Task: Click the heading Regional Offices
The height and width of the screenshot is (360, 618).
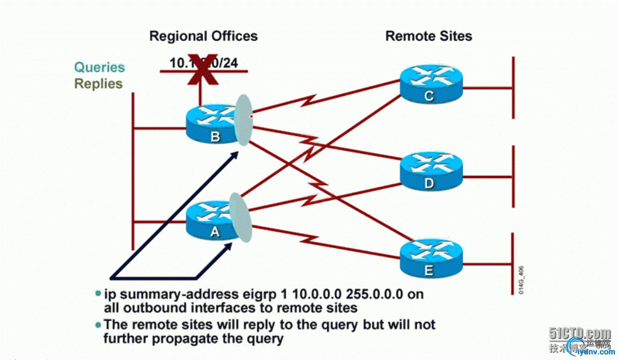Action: [x=203, y=36]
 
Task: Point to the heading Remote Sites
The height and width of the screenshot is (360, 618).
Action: [x=429, y=36]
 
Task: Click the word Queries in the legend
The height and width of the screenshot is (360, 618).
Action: [x=100, y=67]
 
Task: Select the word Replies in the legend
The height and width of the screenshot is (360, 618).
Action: [x=99, y=83]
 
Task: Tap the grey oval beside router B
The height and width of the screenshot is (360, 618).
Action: [x=243, y=120]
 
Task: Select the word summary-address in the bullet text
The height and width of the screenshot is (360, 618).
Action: [x=171, y=294]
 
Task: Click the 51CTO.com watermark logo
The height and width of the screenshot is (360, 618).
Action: [x=580, y=334]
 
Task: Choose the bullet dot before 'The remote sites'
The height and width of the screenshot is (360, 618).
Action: [x=98, y=324]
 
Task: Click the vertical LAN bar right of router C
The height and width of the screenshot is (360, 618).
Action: [x=513, y=88]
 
